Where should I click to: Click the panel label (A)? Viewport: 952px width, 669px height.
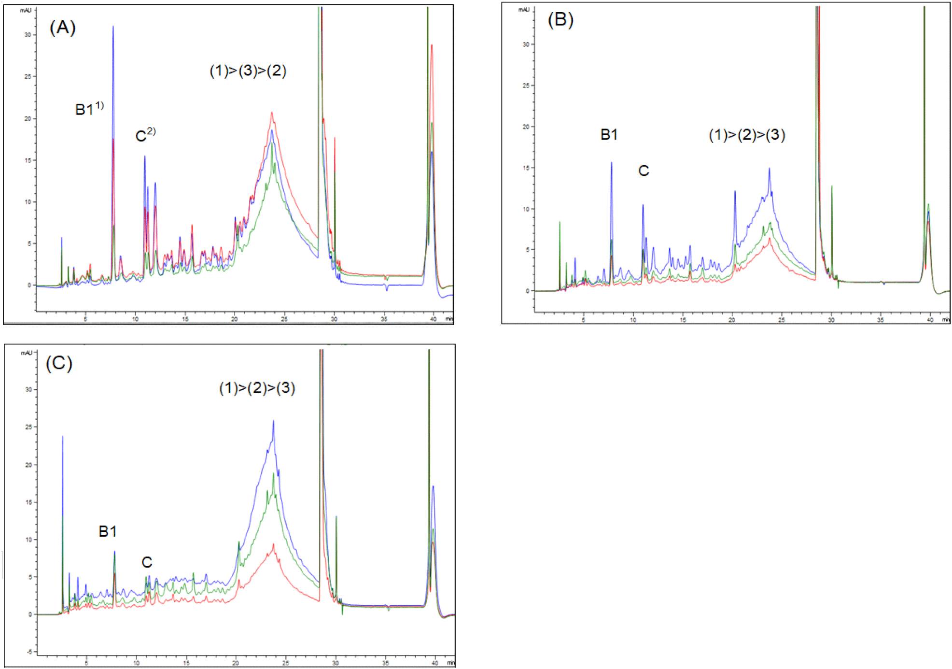[x=62, y=28]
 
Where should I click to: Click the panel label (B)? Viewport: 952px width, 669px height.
[x=560, y=20]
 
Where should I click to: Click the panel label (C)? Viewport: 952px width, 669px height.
[x=58, y=363]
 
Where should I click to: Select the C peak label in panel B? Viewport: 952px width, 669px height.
[x=643, y=171]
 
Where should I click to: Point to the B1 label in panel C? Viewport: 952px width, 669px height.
[x=107, y=531]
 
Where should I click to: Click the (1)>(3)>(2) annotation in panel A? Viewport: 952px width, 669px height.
[x=248, y=71]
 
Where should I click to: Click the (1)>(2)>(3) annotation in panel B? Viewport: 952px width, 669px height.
[x=746, y=135]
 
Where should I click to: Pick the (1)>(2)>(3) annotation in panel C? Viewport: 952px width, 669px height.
[x=257, y=388]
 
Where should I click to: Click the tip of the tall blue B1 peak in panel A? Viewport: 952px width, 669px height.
[x=113, y=27]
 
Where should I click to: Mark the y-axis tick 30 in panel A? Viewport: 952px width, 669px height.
[x=28, y=35]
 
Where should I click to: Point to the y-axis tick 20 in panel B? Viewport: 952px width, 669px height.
[x=526, y=127]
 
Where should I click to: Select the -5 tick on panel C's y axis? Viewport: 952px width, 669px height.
[x=29, y=652]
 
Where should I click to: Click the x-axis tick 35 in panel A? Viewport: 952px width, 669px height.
[x=384, y=319]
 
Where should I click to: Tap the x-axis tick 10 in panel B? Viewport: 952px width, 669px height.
[x=633, y=320]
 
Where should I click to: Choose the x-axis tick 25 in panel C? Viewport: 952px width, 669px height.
[x=285, y=663]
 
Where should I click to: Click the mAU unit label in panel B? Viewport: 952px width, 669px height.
[x=524, y=10]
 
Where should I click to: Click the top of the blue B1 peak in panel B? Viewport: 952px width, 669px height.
[x=611, y=163]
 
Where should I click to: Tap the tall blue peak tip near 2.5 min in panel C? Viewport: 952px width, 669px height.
[x=62, y=437]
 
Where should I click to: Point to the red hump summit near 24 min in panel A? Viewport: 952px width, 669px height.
[x=272, y=113]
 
